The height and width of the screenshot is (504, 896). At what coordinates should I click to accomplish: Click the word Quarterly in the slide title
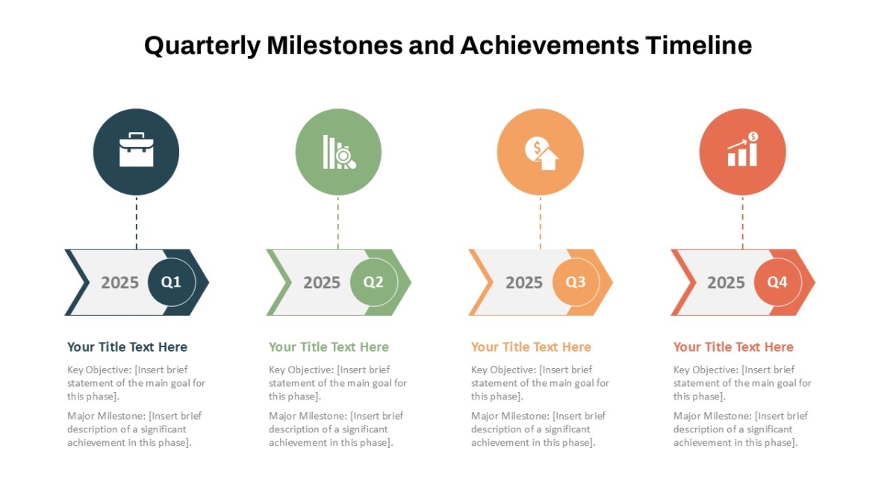click(x=202, y=46)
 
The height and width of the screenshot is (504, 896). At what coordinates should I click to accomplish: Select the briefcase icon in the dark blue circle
click(x=137, y=149)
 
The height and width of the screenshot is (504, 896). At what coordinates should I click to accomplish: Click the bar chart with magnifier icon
click(x=339, y=152)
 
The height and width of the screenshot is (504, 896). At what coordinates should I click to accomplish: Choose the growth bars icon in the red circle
click(x=743, y=149)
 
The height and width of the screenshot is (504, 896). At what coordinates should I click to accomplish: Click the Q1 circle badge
click(x=172, y=282)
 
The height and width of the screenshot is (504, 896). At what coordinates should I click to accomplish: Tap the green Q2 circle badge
click(x=374, y=282)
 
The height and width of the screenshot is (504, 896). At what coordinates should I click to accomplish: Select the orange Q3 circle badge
click(x=576, y=282)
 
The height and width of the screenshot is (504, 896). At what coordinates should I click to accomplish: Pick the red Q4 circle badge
click(x=778, y=282)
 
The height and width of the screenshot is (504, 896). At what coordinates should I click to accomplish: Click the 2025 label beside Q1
click(x=119, y=283)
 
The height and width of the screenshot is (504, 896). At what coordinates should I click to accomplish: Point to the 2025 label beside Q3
click(x=524, y=283)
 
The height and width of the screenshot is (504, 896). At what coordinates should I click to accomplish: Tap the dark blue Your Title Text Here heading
click(x=127, y=346)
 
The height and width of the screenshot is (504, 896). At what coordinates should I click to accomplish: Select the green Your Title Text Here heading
click(x=329, y=346)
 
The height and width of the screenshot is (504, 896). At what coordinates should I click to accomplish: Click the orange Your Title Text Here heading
click(x=531, y=346)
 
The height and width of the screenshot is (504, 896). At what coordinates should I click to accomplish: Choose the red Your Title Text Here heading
click(x=733, y=346)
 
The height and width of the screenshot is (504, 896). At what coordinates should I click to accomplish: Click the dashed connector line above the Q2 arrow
click(x=338, y=223)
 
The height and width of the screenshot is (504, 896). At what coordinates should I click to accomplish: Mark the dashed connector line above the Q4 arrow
click(x=743, y=223)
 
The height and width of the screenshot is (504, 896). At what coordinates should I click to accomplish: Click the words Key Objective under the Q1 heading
click(x=99, y=370)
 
